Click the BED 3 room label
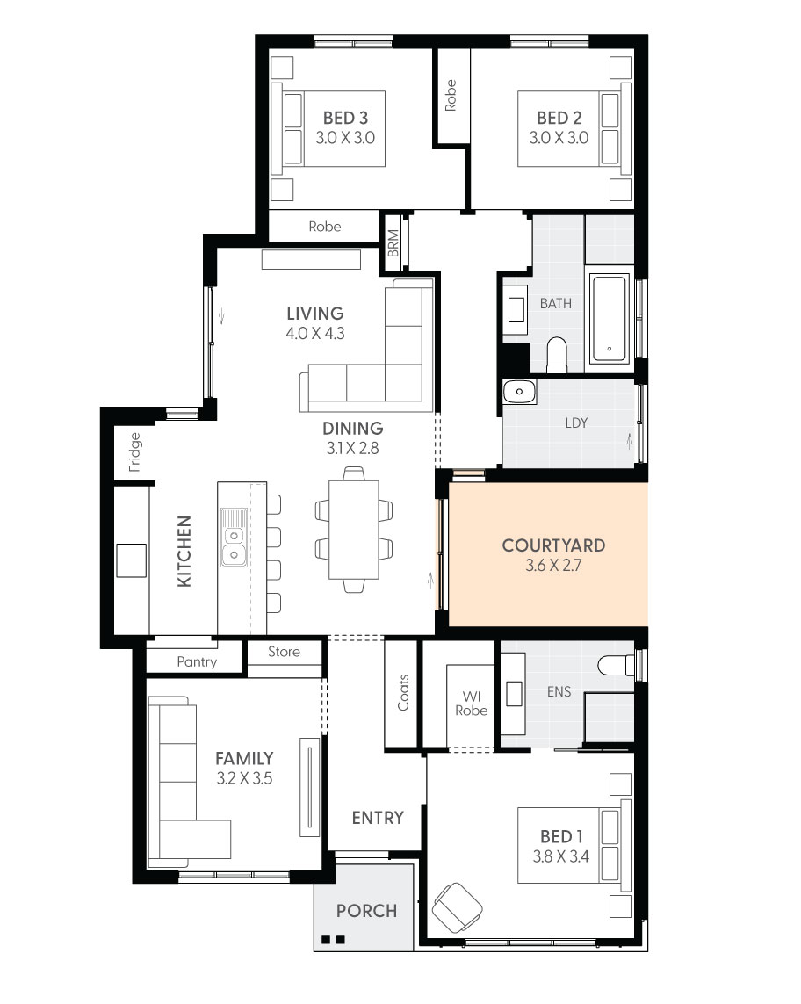pos(339,118)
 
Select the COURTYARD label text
pos(553,545)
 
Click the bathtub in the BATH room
pos(610,320)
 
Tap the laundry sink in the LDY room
pos(520,392)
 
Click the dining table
pos(353,530)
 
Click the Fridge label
pos(134,451)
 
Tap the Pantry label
pos(197,661)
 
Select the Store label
pos(284,652)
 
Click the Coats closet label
pos(403,692)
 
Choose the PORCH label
pos(366,911)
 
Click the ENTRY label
pos(378,817)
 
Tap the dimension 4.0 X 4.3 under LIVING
pos(314,334)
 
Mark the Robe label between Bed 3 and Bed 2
pos(451,95)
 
